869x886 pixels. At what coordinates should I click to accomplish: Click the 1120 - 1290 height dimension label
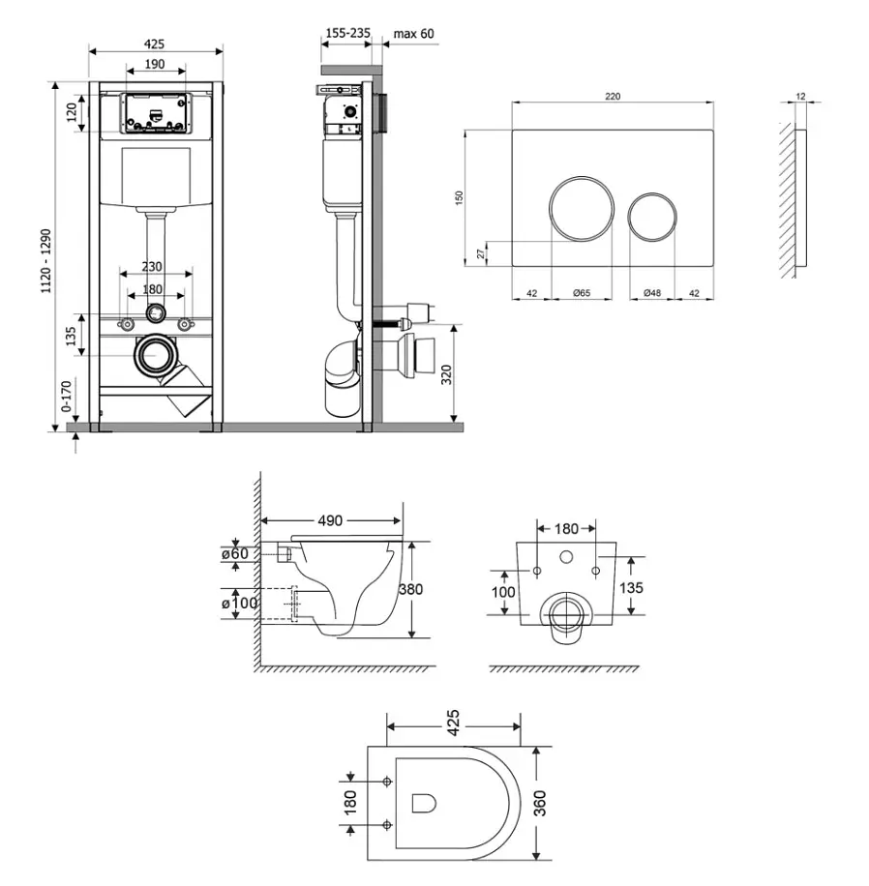pos(45,260)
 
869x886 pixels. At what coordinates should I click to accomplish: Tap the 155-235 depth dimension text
pos(347,33)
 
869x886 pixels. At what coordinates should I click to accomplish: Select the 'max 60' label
pos(414,34)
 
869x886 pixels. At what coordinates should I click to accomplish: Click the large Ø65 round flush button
pos(582,209)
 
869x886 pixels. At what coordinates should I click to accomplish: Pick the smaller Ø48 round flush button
pos(652,217)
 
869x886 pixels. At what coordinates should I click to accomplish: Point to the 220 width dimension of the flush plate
pos(613,96)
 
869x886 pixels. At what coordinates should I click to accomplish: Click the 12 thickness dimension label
pos(800,96)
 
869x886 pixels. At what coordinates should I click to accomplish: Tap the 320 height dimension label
pos(447,374)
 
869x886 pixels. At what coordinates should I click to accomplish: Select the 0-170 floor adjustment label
pos(66,397)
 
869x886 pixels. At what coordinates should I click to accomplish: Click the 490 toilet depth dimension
pos(330,520)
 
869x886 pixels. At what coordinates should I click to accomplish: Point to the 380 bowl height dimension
pos(411,589)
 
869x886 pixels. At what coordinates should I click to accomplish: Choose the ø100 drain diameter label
pos(240,603)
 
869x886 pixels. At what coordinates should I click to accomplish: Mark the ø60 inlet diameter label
pos(234,553)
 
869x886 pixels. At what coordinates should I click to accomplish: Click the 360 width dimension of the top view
pos(540,803)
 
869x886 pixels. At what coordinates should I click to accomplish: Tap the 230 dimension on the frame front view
pos(152,266)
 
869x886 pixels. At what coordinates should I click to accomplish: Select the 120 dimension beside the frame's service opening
pos(72,112)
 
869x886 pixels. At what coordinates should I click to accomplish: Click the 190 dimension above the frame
pos(155,64)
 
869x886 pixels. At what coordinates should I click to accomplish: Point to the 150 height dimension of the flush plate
pos(459,197)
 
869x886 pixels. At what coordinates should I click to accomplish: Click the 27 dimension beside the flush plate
pos(481,253)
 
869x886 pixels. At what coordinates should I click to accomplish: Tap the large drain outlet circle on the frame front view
pos(155,355)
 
